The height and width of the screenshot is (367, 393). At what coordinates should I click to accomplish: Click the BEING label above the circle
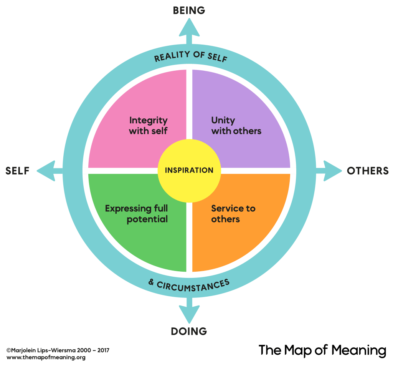point(189,10)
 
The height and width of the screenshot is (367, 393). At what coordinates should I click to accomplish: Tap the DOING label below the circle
point(188,331)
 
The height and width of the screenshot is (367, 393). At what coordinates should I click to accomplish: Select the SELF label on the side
point(17,171)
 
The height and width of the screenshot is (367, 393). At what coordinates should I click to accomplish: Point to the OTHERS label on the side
point(368,171)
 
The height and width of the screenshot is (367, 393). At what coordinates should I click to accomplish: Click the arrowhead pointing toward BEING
point(189,27)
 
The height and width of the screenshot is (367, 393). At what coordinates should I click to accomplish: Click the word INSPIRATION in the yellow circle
point(189,170)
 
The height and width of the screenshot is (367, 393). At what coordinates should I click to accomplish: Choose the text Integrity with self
point(148,125)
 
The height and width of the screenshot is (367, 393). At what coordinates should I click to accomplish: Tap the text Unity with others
point(236,125)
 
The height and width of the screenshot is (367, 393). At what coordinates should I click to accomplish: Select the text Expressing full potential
point(136,214)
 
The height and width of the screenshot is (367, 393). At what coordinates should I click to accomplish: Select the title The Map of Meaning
point(322,350)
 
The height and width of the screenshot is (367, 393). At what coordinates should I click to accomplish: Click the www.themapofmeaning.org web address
point(46,357)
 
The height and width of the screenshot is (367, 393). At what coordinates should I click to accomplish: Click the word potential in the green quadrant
point(147,219)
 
